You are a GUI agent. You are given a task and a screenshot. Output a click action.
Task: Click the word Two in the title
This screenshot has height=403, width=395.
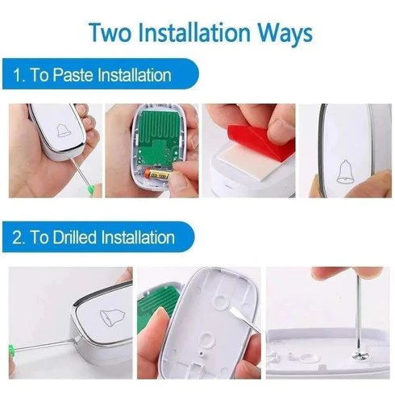(x=110, y=32)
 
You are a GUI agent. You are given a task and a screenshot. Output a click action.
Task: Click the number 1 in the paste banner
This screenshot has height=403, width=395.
(x=18, y=75)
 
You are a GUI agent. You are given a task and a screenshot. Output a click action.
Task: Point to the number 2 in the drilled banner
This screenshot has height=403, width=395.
(x=17, y=238)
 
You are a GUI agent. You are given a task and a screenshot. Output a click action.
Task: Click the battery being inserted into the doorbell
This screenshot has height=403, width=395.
(x=158, y=174)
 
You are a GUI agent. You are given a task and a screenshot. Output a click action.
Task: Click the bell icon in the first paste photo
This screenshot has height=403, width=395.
(x=64, y=131)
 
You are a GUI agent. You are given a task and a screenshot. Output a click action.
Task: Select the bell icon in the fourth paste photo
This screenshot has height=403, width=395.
(x=346, y=172)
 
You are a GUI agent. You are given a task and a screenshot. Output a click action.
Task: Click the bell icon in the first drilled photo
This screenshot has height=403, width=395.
(x=113, y=318)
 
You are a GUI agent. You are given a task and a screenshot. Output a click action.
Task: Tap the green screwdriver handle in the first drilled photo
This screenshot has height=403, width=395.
(x=12, y=349)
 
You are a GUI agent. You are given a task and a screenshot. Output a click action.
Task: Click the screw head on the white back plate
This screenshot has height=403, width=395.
(x=359, y=356)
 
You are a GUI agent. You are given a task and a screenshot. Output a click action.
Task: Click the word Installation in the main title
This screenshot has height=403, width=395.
(x=195, y=32)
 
